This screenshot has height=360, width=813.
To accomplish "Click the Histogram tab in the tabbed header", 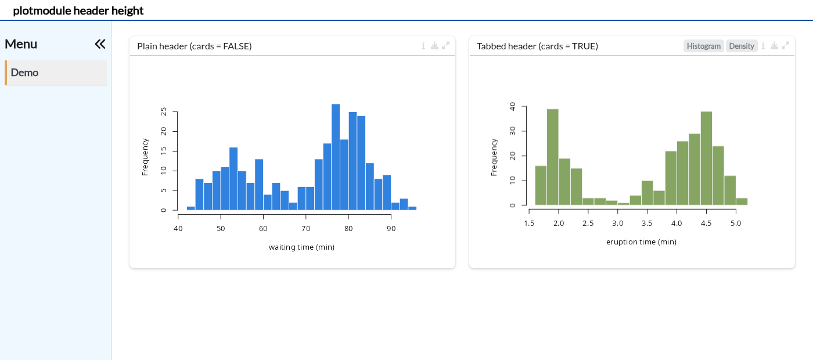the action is pos(703,46).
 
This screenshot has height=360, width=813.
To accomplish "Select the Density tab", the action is pos(742,46).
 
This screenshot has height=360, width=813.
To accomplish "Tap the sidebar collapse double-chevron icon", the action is pos(100,44).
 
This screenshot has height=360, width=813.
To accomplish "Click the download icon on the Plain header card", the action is pos(434,46).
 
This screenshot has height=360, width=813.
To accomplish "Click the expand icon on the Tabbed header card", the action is pos(785,46).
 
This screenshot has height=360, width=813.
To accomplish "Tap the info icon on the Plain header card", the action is pos(423,46).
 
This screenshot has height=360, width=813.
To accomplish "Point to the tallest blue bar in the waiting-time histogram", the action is pos(336,157).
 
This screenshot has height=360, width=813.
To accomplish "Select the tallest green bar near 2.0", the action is pos(552,157).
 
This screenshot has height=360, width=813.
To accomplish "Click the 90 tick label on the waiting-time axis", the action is pos(391,229).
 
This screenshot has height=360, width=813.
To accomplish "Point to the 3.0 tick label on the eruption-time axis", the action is pos(617,224).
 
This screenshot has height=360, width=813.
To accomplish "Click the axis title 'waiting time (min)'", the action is pos(301,247).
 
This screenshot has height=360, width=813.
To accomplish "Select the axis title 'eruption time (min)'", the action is pos(641,242).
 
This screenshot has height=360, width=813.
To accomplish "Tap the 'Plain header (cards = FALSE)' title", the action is pos(194,46).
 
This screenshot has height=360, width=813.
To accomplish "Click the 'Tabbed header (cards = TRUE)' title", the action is pos(537,46).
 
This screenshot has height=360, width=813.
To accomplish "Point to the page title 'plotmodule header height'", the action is pos(78,10).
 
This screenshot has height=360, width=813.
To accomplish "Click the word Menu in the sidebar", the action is pos(21,44).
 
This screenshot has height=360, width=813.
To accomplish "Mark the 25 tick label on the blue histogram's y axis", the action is pos(164,111).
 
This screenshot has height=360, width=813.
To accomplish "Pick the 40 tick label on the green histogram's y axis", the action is pos(512,106).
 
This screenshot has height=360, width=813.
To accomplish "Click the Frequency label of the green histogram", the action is pos(494,157).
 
